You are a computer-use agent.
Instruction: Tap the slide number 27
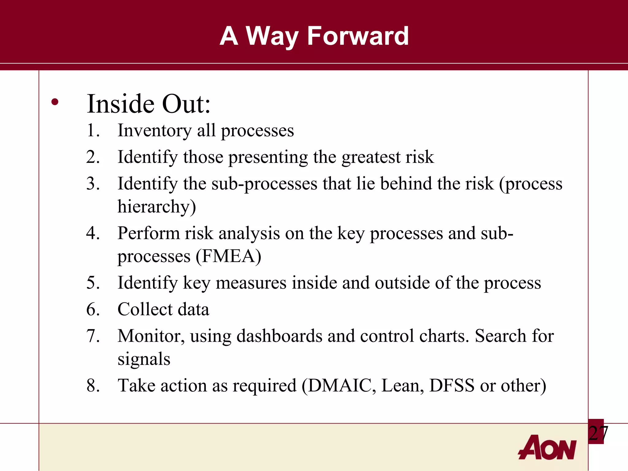(598, 433)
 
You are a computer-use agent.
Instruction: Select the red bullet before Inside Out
(55, 102)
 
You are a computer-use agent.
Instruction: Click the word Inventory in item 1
(155, 131)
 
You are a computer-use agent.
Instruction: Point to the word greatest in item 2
(371, 157)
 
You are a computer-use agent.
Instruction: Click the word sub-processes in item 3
(264, 184)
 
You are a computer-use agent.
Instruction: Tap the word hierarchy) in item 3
(157, 207)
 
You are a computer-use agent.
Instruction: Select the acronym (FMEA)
(228, 256)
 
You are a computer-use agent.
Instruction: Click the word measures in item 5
(251, 283)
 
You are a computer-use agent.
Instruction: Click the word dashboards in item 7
(279, 336)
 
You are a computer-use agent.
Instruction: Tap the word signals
(144, 359)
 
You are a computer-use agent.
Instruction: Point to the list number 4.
(93, 233)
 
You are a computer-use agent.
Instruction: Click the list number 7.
(93, 336)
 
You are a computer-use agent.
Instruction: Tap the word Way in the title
(272, 36)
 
